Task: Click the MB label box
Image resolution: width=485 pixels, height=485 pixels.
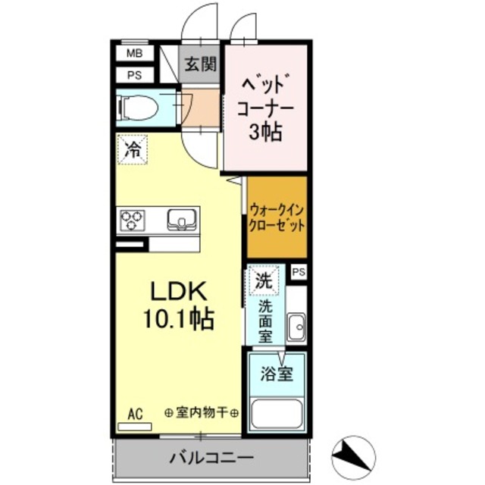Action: click(134, 53)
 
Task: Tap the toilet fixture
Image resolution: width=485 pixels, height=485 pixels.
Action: click(139, 107)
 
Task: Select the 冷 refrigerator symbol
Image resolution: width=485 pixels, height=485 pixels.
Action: click(132, 149)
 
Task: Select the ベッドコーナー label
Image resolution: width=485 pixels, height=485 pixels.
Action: click(266, 95)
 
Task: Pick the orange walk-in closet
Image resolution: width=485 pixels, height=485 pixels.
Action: click(277, 217)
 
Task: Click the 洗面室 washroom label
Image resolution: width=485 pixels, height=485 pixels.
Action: click(266, 319)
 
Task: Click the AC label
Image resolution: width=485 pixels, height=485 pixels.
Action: click(135, 414)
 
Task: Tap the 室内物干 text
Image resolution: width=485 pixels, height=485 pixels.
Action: click(202, 413)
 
